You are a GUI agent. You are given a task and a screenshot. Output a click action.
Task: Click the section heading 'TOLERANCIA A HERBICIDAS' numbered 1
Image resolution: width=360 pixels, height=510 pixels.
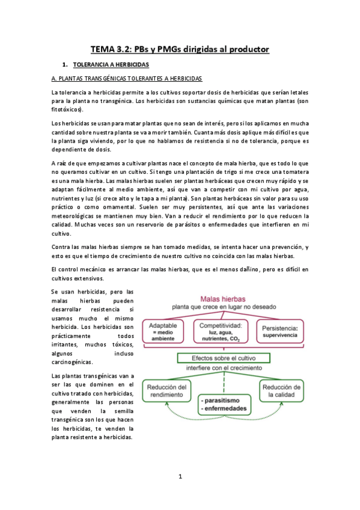110,64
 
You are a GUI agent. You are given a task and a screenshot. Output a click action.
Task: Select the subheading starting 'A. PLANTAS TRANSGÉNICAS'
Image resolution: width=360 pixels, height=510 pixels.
127,79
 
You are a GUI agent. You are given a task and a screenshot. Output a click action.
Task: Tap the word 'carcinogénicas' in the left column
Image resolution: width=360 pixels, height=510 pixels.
72,362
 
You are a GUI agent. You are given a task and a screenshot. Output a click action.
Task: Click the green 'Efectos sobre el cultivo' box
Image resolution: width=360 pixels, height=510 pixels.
224,358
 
